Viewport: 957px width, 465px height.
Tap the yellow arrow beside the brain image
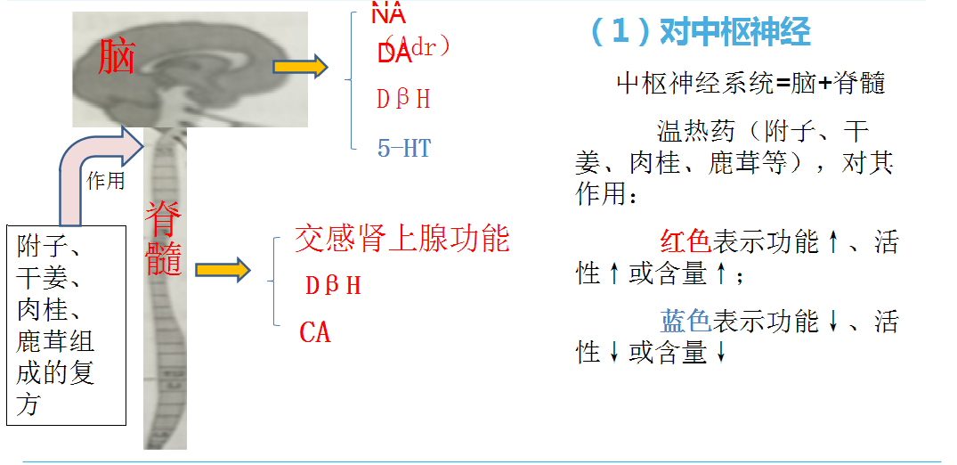pos(300,67)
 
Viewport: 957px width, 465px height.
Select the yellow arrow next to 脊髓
pos(223,269)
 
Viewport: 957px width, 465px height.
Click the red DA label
pos(394,53)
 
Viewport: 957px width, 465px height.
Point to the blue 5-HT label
pos(404,148)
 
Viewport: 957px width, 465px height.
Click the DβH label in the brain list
pos(403,100)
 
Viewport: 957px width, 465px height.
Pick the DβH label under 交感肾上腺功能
pos(333,286)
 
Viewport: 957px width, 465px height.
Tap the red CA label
pos(315,332)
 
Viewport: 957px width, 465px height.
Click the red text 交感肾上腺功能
pos(401,239)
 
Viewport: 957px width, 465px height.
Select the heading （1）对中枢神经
pos(700,32)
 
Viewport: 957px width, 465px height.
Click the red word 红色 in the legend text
pos(685,241)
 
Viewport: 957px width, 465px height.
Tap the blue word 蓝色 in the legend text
pos(685,321)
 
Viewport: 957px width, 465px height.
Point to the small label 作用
pos(105,181)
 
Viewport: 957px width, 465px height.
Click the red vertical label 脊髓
pos(165,239)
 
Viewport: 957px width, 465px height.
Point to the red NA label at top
pos(388,14)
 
